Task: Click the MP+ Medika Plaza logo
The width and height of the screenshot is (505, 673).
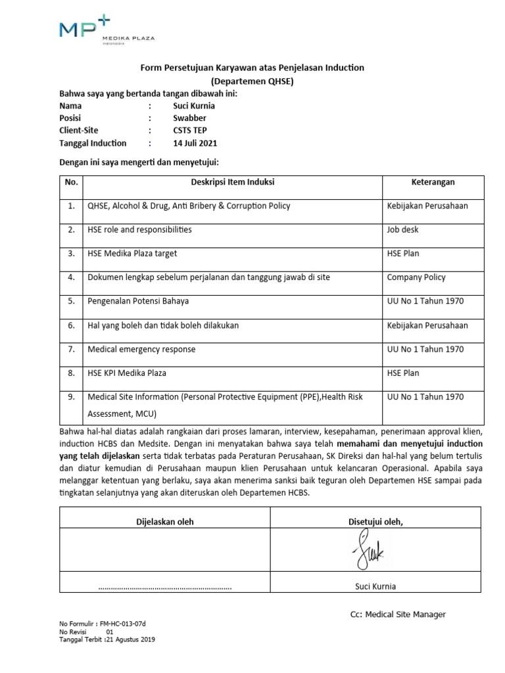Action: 106,31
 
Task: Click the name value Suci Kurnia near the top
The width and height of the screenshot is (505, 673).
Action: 193,105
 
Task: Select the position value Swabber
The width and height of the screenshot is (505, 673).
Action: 189,118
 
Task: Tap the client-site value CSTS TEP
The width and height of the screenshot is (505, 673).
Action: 190,130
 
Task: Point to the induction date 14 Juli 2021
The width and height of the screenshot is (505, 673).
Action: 195,143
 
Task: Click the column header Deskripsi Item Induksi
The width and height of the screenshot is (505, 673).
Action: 233,182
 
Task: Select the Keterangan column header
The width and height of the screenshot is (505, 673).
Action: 433,182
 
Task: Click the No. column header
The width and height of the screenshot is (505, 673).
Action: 71,182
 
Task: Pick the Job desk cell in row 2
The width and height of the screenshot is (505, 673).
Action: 402,230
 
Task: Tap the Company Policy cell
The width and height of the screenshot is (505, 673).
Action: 416,277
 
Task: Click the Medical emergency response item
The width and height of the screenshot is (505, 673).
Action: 141,349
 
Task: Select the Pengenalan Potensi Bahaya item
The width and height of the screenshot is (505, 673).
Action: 138,301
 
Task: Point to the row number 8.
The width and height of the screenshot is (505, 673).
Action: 71,373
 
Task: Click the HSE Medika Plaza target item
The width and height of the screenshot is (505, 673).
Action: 132,253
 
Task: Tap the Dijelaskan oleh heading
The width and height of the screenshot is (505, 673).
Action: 164,521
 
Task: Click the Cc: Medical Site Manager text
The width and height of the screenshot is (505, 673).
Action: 397,615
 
